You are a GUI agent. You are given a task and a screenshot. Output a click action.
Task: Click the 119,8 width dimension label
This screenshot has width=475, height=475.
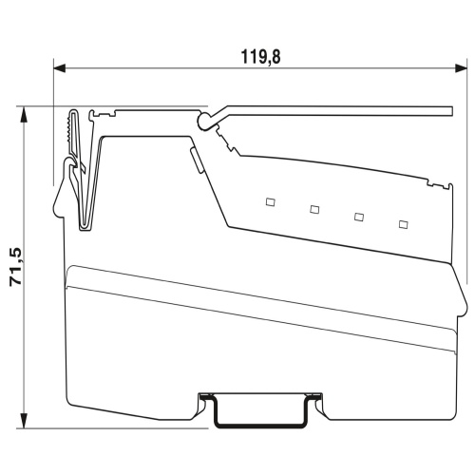(x=260, y=57)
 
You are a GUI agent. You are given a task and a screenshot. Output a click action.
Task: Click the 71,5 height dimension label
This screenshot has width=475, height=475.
(x=16, y=268)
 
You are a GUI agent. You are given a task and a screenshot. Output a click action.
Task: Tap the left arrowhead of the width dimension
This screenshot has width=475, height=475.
(x=60, y=67)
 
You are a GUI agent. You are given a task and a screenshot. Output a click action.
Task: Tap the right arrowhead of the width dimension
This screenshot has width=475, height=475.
(x=461, y=67)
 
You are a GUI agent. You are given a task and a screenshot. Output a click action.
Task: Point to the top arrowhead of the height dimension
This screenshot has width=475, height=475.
(x=23, y=114)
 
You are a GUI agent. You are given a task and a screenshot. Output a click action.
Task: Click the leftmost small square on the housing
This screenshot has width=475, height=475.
(x=270, y=202)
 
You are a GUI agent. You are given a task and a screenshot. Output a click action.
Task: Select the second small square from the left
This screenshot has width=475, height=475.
(x=314, y=209)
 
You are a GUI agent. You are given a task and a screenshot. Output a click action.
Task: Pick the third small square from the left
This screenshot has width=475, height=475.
(x=359, y=217)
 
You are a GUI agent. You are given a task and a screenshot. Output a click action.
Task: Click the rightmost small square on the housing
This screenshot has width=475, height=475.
(x=403, y=224)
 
